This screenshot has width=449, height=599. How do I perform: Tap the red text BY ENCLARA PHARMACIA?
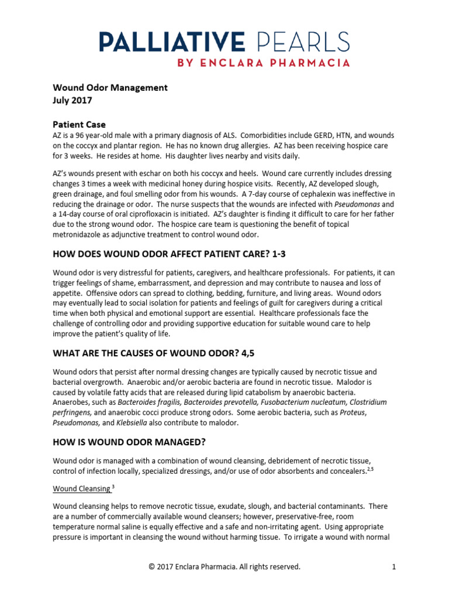coord(258,63)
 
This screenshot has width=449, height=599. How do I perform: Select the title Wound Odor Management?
coord(110,88)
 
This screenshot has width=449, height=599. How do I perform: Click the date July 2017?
coord(72,101)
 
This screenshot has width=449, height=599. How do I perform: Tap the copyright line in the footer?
coord(224,566)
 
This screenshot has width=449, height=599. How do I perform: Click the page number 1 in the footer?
coord(394,566)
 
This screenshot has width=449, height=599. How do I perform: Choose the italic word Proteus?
coord(354,412)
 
